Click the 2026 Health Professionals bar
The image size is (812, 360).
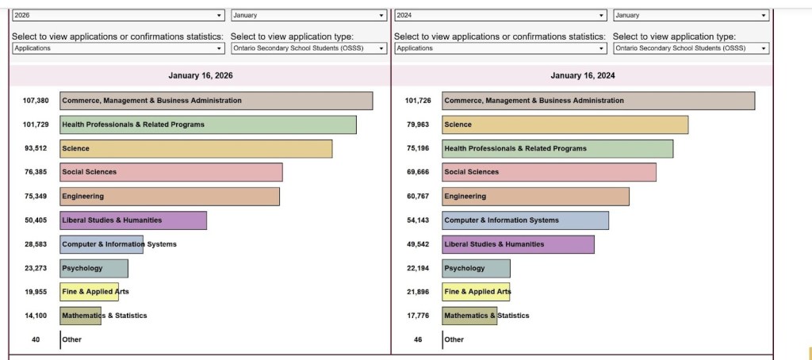(x=208, y=124)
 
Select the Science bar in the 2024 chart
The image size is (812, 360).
(x=565, y=124)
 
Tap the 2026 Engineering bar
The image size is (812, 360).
(x=170, y=197)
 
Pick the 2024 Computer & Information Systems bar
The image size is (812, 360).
(x=525, y=220)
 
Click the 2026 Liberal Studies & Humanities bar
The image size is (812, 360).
(x=133, y=220)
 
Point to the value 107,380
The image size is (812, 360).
(x=36, y=101)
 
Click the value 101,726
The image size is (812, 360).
(x=417, y=101)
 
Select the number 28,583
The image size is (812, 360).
(x=36, y=244)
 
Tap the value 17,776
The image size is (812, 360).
(x=417, y=316)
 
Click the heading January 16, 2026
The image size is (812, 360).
(x=201, y=76)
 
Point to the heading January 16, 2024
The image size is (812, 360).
(x=583, y=76)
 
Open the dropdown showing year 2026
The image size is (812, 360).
(x=118, y=15)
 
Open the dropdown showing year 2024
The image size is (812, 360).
(x=500, y=15)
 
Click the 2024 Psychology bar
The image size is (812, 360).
(x=476, y=268)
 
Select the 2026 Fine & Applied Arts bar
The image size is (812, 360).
(x=89, y=292)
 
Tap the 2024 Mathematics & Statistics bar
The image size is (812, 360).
(x=469, y=316)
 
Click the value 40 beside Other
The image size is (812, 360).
(x=36, y=339)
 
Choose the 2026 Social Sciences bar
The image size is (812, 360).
(x=170, y=172)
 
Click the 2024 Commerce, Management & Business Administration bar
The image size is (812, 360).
(x=598, y=101)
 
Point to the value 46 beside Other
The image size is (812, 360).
(x=418, y=339)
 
